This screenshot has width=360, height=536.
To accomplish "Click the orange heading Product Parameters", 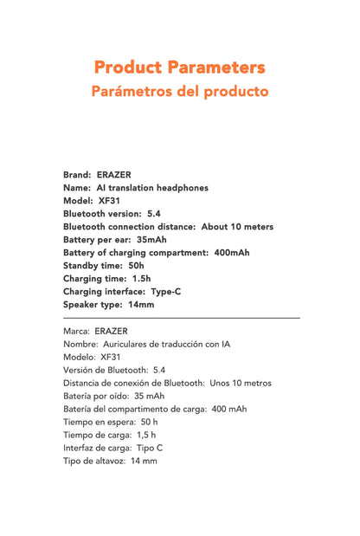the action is click(x=179, y=67).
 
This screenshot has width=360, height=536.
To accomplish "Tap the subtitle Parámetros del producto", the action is click(x=179, y=91).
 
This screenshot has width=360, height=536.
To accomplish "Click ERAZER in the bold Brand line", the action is click(x=114, y=174).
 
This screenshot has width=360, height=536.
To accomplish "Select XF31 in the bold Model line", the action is click(x=110, y=200).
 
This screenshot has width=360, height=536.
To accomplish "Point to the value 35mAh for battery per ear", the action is click(x=151, y=239).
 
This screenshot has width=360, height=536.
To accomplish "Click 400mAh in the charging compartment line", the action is click(x=232, y=252).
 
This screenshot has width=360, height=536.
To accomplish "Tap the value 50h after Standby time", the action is click(x=136, y=265).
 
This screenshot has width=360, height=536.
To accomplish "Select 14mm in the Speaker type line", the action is click(x=140, y=304).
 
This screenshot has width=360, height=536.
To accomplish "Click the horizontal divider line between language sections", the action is click(x=181, y=319).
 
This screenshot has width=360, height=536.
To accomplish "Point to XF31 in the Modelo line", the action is click(x=110, y=357).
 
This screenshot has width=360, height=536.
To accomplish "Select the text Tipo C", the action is click(x=149, y=448).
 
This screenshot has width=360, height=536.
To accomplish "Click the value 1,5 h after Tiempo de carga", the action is click(x=145, y=435).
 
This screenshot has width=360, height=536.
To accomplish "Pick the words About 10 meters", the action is click(x=237, y=226).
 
